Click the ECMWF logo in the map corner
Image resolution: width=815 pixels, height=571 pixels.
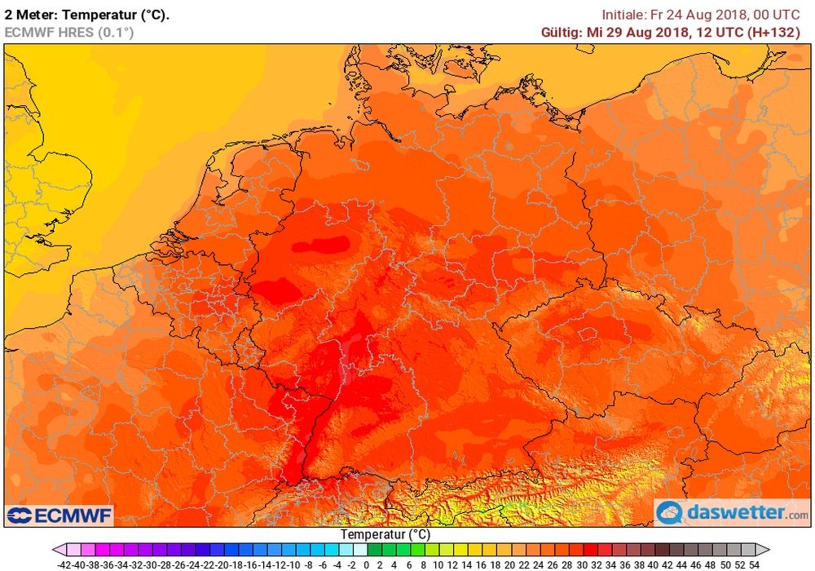click(59, 516)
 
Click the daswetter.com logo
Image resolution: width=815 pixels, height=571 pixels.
click(732, 513)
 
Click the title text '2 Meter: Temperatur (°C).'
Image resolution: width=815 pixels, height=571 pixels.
click(87, 14)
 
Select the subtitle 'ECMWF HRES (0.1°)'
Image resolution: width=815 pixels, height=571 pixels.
click(68, 32)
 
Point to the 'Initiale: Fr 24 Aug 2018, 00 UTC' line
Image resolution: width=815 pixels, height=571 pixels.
click(700, 14)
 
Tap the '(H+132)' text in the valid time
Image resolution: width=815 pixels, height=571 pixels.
click(775, 32)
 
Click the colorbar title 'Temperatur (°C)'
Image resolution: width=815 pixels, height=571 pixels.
click(385, 534)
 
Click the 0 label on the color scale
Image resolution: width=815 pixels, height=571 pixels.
click(367, 564)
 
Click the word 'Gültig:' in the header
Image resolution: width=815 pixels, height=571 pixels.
click(561, 32)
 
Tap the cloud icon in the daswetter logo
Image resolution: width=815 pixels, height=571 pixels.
click(670, 513)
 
